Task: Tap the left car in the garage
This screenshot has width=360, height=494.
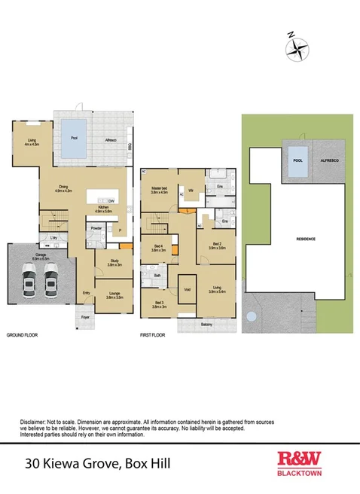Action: click(x=29, y=284)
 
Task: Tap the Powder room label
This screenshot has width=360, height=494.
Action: click(x=96, y=227)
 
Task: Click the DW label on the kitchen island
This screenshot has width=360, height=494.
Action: click(x=111, y=201)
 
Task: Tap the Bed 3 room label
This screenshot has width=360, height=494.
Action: click(x=158, y=305)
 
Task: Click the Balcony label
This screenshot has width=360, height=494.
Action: click(x=206, y=324)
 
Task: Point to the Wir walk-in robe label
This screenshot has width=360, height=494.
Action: click(x=192, y=190)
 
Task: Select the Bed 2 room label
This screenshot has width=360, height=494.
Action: click(x=217, y=245)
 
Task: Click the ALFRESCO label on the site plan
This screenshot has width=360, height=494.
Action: click(x=329, y=160)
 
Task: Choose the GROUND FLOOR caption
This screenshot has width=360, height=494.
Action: click(x=22, y=334)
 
